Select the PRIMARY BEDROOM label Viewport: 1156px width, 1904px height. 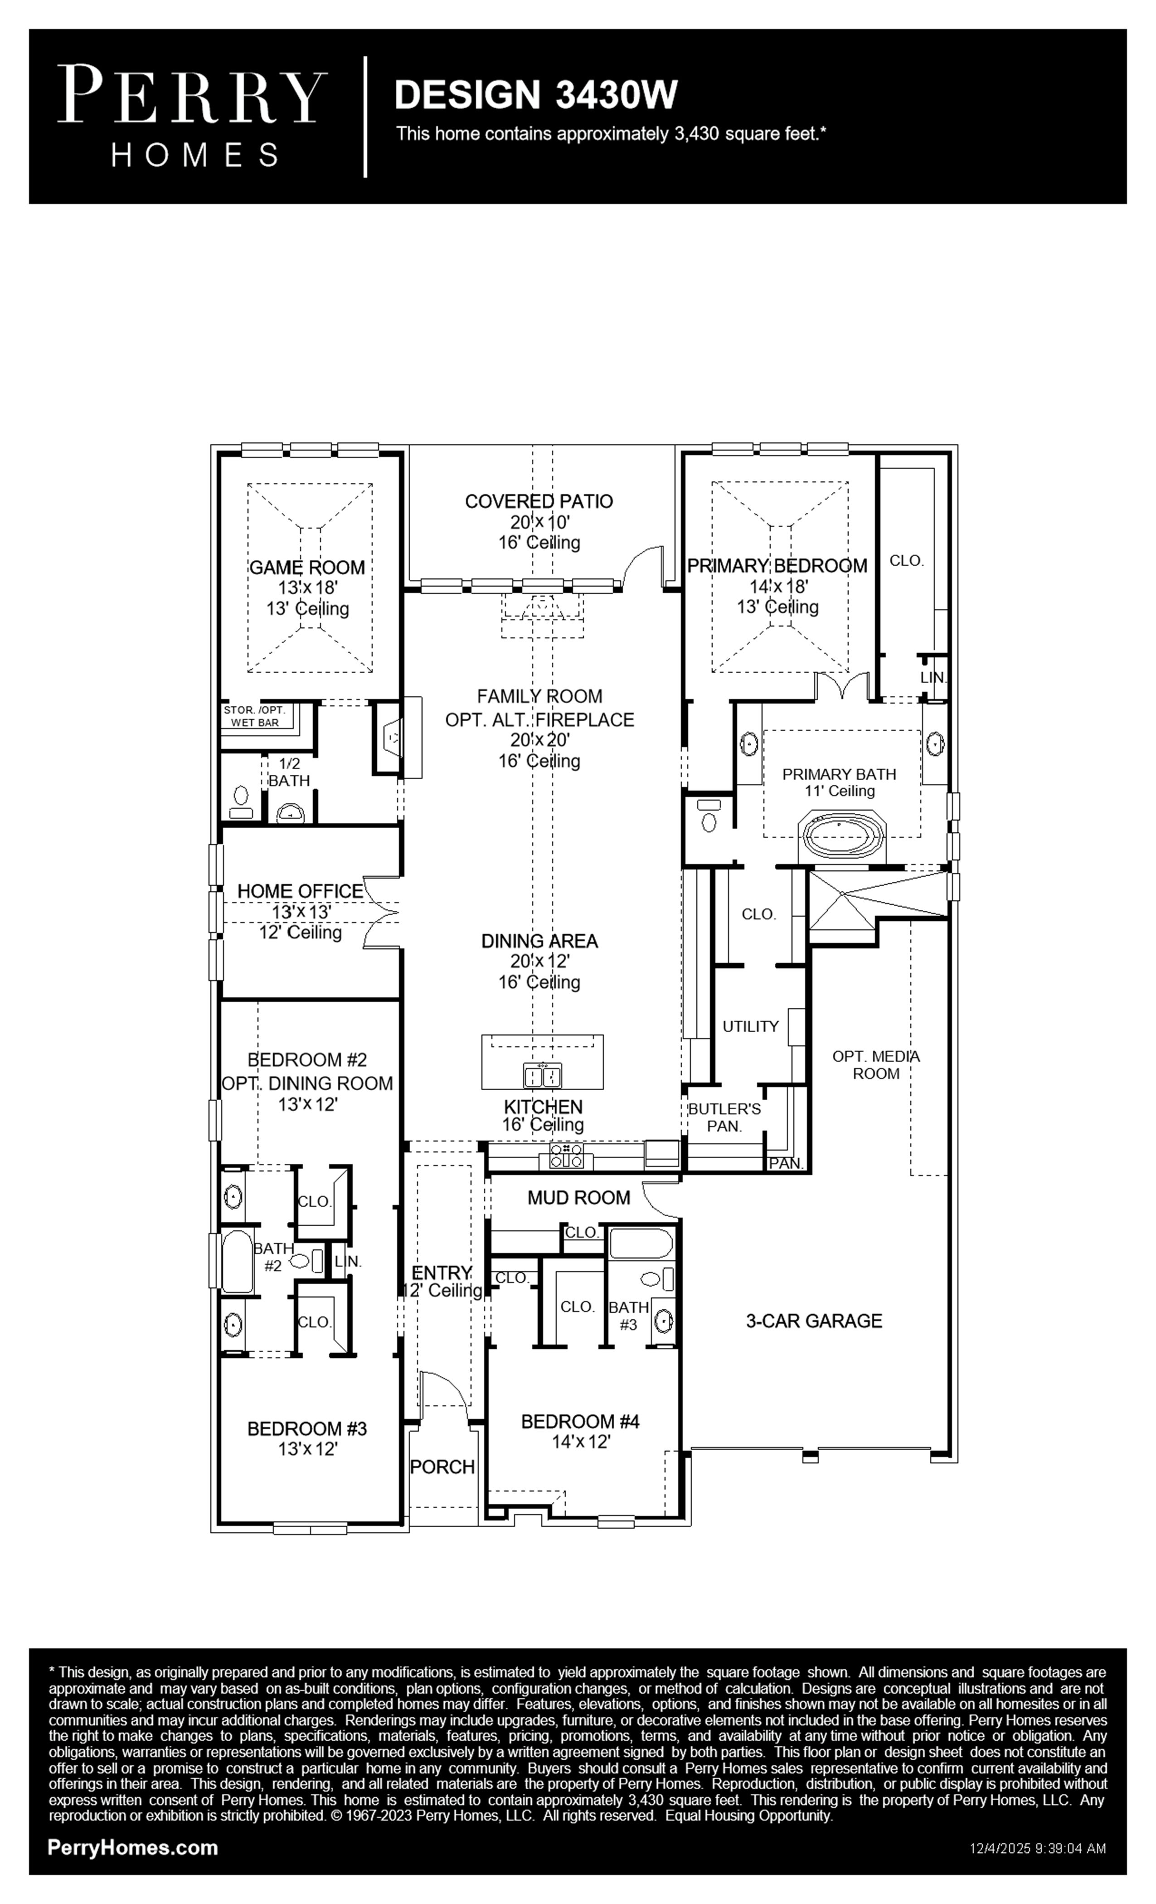[x=777, y=566]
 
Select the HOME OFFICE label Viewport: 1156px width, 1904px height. [x=300, y=891]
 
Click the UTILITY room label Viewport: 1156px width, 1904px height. [x=750, y=1026]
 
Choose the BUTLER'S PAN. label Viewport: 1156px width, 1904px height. [x=724, y=1117]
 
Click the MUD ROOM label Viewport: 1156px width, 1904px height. [x=579, y=1198]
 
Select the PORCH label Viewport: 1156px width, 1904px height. [x=442, y=1467]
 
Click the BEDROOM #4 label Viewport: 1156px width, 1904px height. [x=580, y=1421]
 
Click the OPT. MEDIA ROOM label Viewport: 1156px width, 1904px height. [x=876, y=1065]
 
